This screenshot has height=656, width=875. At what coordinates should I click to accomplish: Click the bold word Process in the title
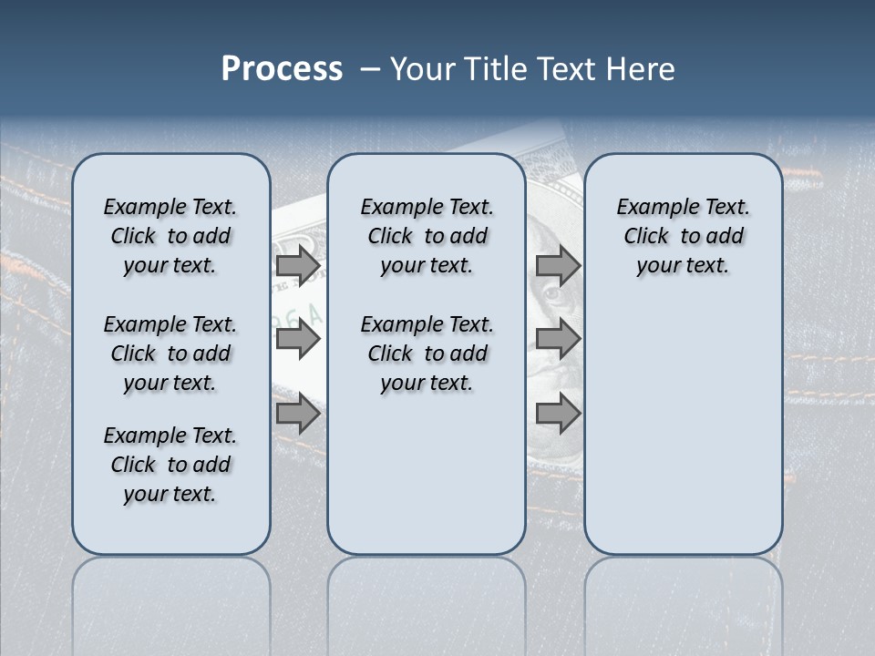pyautogui.click(x=282, y=69)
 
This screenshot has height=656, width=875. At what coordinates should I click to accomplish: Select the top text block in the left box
pyautogui.click(x=170, y=236)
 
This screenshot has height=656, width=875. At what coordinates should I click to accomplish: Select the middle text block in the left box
pyautogui.click(x=170, y=354)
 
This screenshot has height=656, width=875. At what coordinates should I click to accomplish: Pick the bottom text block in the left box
pyautogui.click(x=170, y=465)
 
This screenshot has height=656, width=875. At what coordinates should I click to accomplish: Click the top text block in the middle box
pyautogui.click(x=427, y=236)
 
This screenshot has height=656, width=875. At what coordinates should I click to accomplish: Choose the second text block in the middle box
pyautogui.click(x=427, y=354)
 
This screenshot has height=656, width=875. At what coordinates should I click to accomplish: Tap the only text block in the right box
pyautogui.click(x=683, y=236)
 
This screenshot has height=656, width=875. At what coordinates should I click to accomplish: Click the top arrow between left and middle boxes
pyautogui.click(x=298, y=266)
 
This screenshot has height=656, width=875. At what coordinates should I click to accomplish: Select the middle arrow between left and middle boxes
pyautogui.click(x=298, y=340)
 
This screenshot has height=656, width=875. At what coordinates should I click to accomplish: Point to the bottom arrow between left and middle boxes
pyautogui.click(x=298, y=415)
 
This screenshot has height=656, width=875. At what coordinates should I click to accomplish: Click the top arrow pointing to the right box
pyautogui.click(x=558, y=266)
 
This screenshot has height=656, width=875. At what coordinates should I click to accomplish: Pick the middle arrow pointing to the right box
pyautogui.click(x=558, y=340)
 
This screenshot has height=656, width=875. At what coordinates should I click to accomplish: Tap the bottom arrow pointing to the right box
pyautogui.click(x=558, y=415)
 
